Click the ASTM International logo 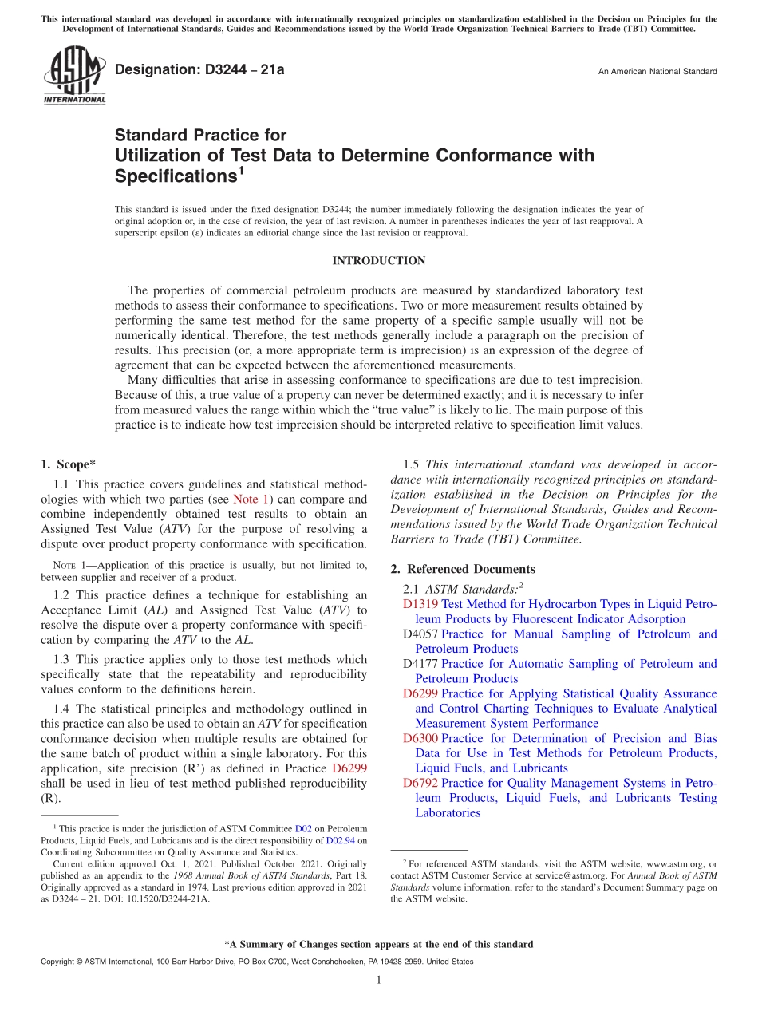(75, 75)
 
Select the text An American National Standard (657, 72)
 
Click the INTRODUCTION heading (379, 261)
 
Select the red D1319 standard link (420, 604)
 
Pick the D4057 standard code (420, 634)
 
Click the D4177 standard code (420, 664)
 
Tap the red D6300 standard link (420, 738)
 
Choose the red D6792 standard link (420, 783)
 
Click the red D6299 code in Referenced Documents (420, 693)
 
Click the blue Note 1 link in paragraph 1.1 (251, 500)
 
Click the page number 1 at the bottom (379, 980)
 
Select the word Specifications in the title (173, 175)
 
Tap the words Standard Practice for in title (201, 136)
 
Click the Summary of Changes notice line (379, 944)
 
